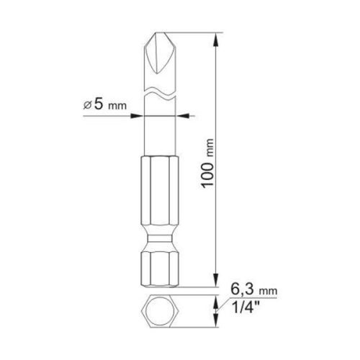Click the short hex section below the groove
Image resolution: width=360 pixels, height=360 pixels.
point(159,268)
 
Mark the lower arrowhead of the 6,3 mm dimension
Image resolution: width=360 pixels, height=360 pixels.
point(217,325)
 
